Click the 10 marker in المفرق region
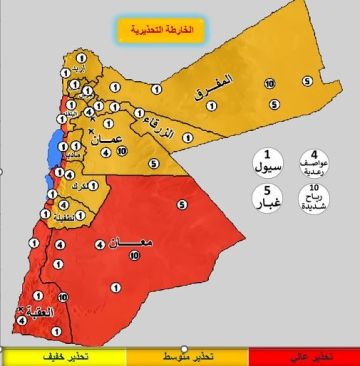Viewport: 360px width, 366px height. click(x=270, y=84)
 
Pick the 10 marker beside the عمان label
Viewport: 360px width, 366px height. click(x=121, y=151)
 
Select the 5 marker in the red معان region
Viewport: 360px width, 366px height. click(x=183, y=204)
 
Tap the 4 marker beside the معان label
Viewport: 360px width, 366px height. click(x=100, y=243)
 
